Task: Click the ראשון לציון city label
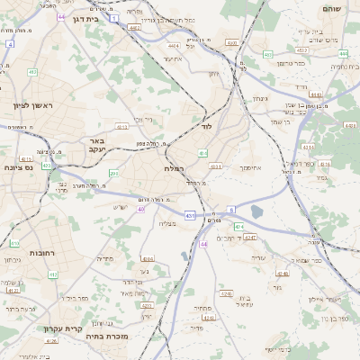33,105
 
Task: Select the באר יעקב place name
97,146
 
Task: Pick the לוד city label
206,127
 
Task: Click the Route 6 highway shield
230,209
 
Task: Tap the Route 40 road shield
141,210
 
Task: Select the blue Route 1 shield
113,17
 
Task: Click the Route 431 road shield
190,216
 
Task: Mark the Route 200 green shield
113,173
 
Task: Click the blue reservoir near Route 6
256,211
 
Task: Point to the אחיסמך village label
249,167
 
